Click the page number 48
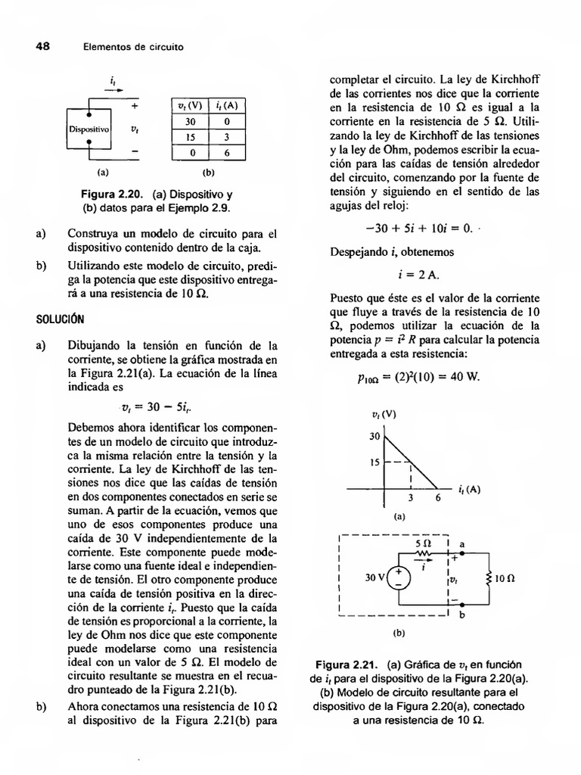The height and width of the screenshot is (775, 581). [x=42, y=46]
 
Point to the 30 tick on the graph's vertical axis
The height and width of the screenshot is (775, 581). [x=374, y=437]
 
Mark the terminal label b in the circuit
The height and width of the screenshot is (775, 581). [x=462, y=615]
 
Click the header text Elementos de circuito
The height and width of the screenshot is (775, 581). [x=133, y=47]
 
